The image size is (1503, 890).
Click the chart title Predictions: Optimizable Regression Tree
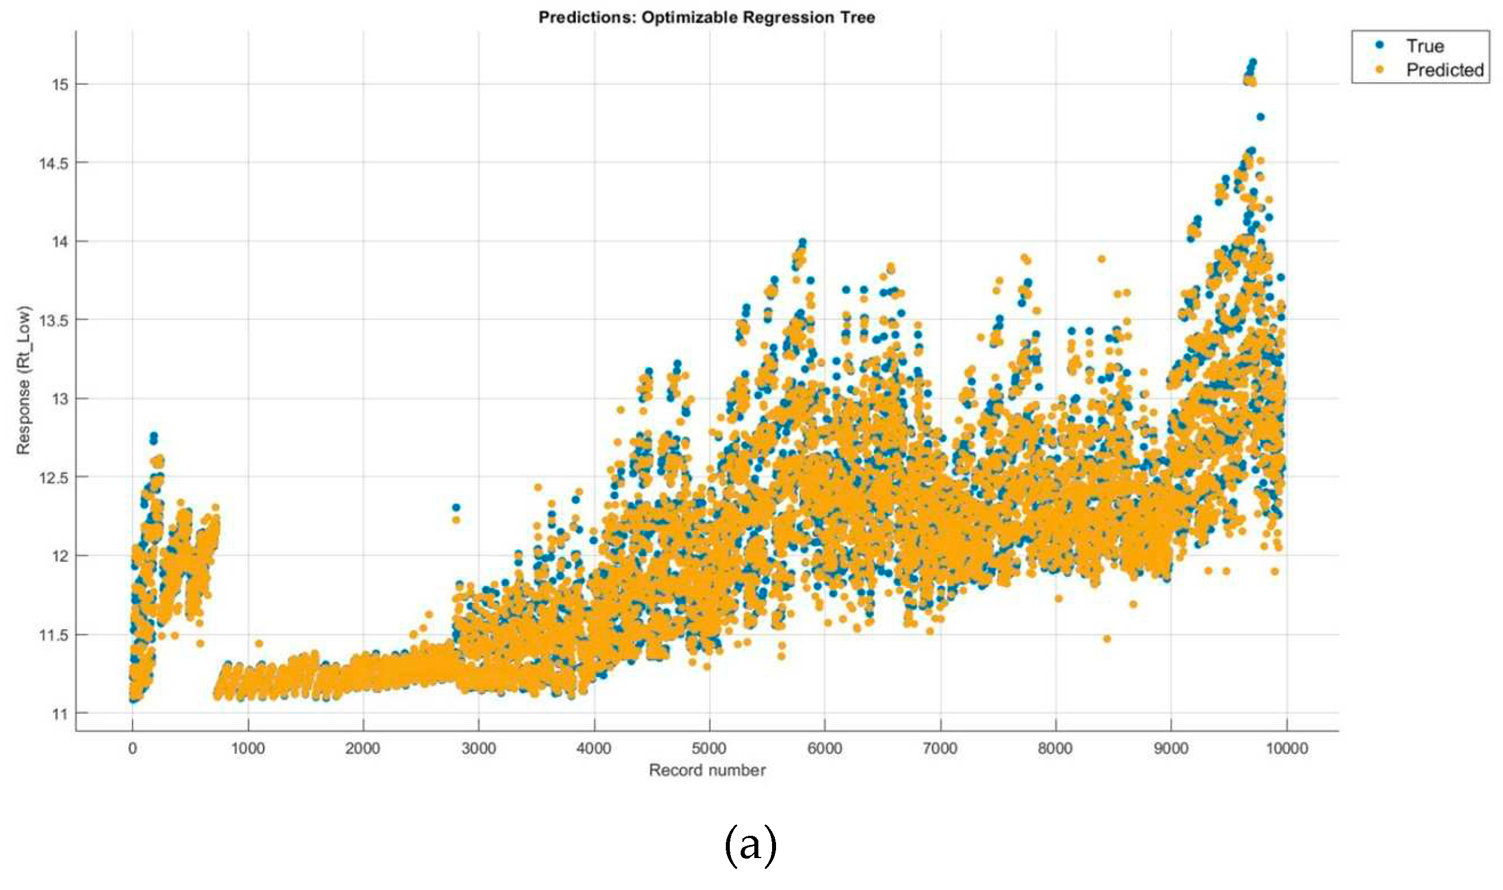point(706,17)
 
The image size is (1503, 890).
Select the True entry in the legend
point(1424,46)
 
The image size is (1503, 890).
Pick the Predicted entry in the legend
point(1444,70)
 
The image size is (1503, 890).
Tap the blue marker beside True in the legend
point(1379,45)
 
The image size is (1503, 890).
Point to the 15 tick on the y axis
point(60,84)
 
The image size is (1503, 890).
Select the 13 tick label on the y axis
point(60,399)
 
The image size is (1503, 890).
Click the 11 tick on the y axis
point(60,714)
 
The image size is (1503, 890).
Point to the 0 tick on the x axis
point(132,749)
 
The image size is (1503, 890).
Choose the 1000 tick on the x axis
point(248,749)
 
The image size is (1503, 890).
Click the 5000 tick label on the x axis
point(709,749)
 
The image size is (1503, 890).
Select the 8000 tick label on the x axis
point(1055,749)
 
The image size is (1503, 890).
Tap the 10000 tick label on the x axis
point(1287,749)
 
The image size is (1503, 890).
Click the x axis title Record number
point(707,771)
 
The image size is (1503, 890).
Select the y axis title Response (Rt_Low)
point(23,381)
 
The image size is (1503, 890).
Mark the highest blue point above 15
point(1252,62)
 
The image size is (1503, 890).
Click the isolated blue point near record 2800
point(456,507)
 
